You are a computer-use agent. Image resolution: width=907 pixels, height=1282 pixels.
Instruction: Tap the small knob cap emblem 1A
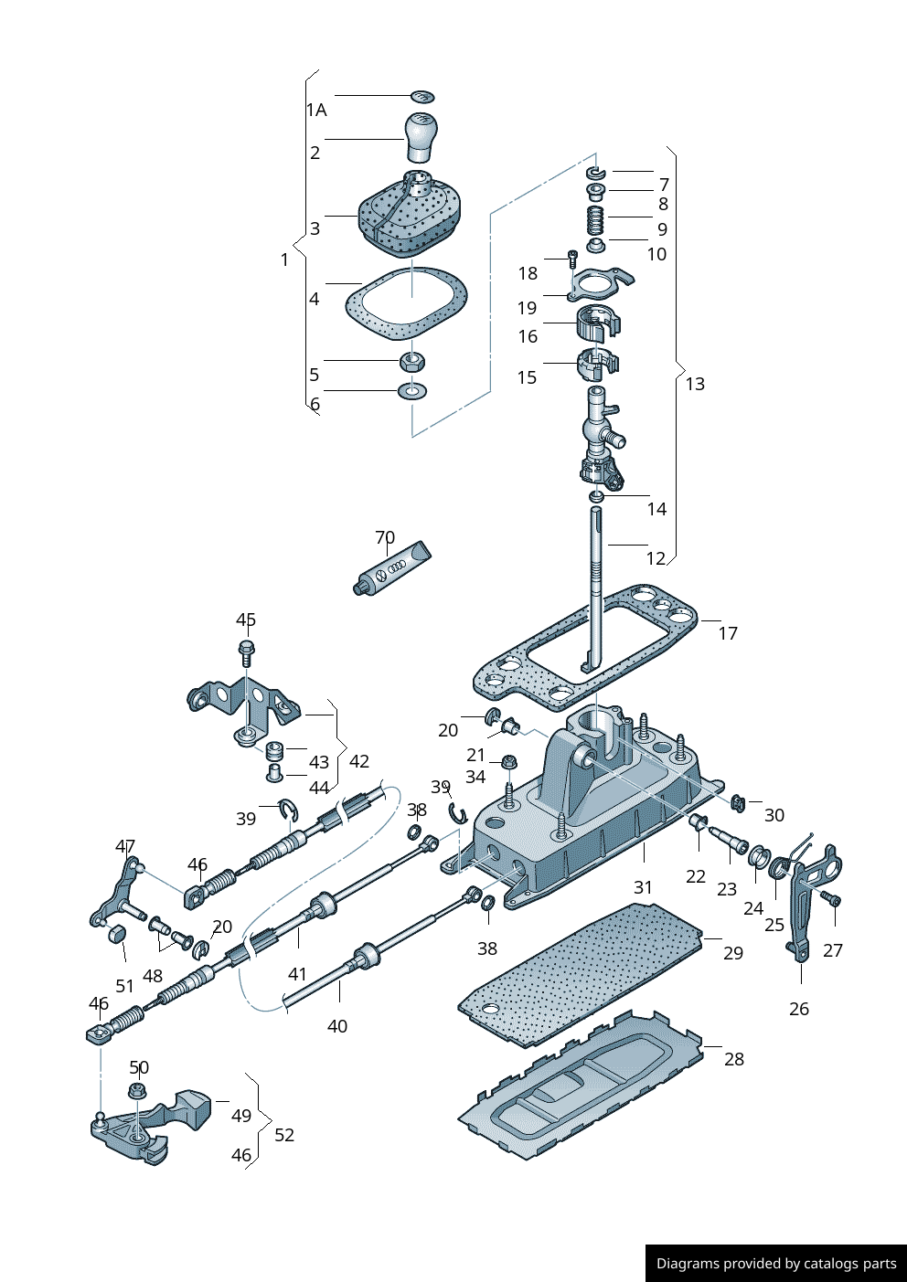click(x=422, y=96)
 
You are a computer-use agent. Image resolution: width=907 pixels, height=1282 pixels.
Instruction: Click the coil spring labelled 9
click(x=596, y=219)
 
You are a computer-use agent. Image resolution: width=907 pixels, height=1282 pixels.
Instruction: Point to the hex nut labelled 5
click(x=413, y=360)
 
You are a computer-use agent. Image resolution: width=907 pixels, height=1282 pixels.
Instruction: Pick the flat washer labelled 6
click(x=413, y=392)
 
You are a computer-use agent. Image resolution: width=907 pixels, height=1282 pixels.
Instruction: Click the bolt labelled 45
click(x=246, y=652)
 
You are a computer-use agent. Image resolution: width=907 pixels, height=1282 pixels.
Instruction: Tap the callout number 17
click(x=728, y=633)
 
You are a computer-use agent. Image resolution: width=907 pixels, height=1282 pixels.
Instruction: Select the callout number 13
click(x=695, y=384)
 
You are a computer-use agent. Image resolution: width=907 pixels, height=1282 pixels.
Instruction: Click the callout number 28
click(x=734, y=1059)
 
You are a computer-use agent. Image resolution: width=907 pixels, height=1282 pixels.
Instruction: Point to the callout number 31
click(x=644, y=887)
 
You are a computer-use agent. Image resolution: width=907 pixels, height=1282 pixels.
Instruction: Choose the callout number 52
click(x=284, y=1135)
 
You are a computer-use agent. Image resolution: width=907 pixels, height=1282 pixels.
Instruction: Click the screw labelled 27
click(x=832, y=899)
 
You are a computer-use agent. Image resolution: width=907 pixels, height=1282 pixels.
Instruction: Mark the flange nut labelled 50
click(x=138, y=1089)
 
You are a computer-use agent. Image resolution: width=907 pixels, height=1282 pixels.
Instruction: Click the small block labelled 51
click(x=116, y=933)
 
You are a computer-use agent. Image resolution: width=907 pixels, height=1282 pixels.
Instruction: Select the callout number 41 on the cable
click(x=297, y=974)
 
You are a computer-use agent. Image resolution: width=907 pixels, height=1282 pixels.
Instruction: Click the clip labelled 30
click(x=739, y=804)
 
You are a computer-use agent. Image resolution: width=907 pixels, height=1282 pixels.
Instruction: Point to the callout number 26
click(x=799, y=1009)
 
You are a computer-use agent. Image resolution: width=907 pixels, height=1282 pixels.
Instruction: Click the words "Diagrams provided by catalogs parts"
click(x=776, y=1264)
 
